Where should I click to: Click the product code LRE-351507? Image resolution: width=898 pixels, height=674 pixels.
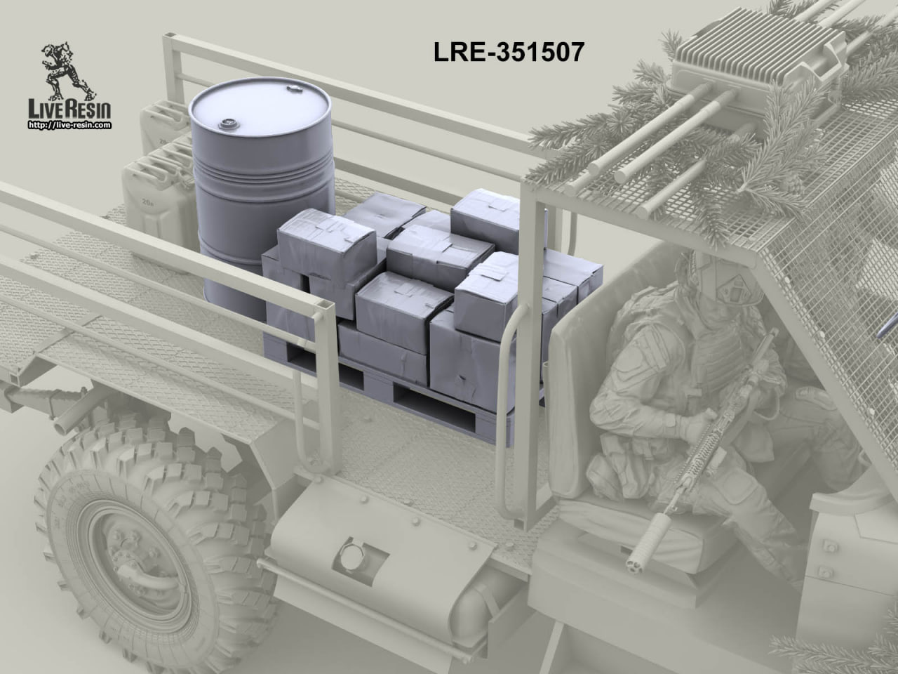click(509, 53)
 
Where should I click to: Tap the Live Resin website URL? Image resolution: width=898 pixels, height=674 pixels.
click(69, 125)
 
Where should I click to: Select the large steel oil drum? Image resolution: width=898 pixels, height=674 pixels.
click(262, 192)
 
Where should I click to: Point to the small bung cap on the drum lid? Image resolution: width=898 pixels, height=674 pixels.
click(226, 123)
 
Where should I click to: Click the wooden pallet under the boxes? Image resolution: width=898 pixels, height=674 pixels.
click(401, 393)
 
